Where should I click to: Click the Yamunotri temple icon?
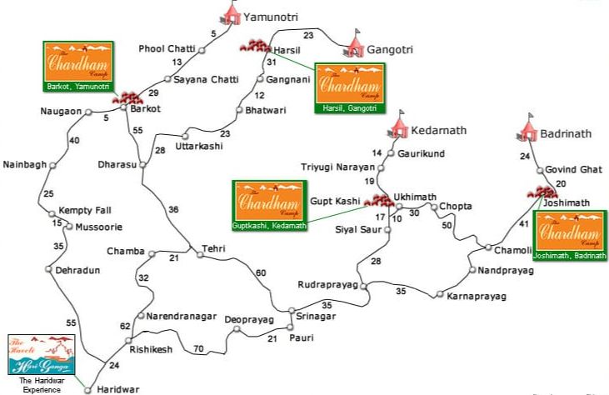(231, 12)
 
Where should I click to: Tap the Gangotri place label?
(391, 50)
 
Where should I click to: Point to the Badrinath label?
(567, 132)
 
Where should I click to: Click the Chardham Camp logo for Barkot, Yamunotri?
(77, 64)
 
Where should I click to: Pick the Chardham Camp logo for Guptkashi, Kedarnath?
(269, 205)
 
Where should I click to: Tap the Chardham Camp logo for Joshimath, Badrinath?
(569, 237)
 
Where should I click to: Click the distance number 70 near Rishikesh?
(198, 348)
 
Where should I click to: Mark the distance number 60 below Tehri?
(261, 273)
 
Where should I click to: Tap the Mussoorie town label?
(99, 227)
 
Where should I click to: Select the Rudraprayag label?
(327, 285)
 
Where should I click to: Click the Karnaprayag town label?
(477, 296)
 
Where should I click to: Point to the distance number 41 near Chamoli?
(523, 224)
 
